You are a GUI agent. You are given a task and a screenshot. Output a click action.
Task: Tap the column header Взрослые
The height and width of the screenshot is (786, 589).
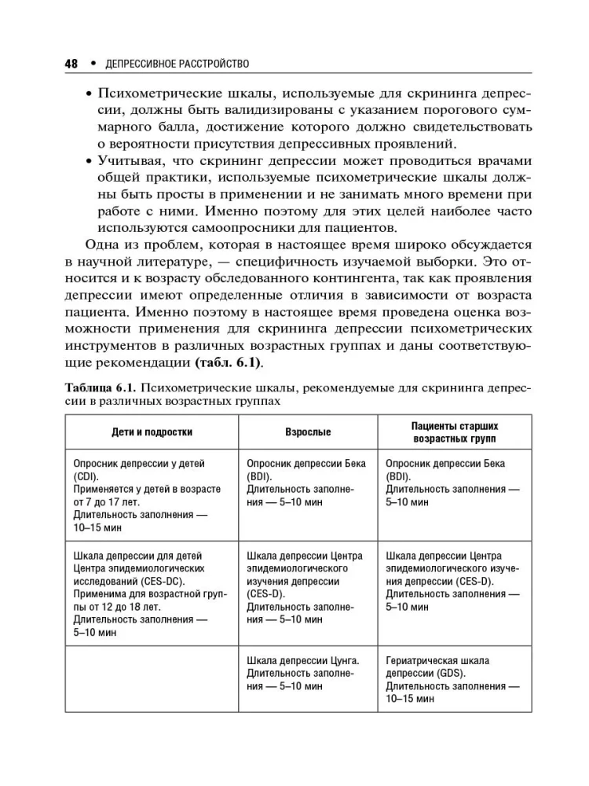click(x=307, y=432)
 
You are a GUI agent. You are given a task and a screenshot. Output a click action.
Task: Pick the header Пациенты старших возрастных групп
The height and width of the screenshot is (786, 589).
click(x=455, y=432)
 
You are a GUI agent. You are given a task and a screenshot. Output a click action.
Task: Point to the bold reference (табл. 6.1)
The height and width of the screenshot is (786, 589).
click(x=226, y=364)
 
